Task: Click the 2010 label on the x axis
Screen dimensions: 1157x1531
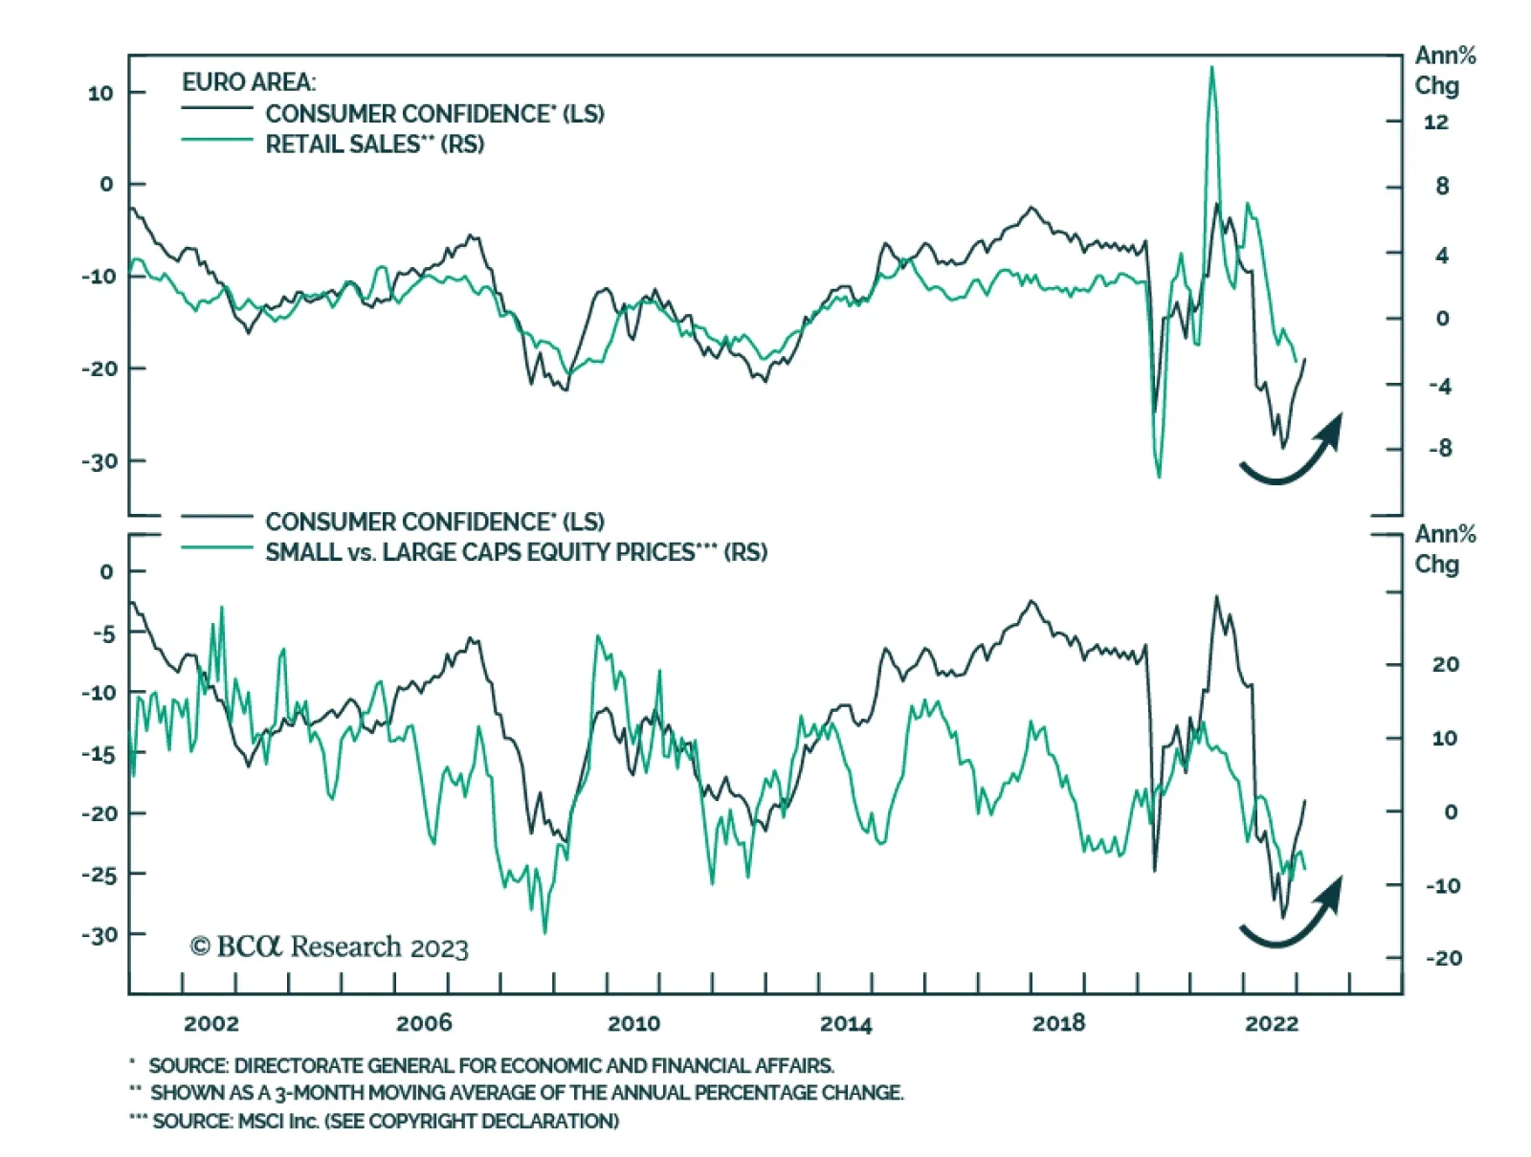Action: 633,1023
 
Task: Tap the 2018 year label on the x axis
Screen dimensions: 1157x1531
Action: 1058,1023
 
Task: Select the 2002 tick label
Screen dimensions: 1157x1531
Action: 211,1023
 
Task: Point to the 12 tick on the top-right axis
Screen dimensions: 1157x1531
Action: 1435,122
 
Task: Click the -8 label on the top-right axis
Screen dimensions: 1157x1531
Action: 1439,448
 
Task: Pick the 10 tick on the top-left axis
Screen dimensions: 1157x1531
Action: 100,93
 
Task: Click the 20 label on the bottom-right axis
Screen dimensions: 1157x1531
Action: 1445,664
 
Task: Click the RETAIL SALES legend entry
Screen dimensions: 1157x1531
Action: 374,145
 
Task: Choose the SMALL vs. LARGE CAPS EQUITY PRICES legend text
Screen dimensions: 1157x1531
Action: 516,552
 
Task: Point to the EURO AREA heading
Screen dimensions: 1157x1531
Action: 249,82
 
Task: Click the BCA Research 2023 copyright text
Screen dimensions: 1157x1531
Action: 329,947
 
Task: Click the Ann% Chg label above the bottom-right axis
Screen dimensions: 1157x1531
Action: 1444,548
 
